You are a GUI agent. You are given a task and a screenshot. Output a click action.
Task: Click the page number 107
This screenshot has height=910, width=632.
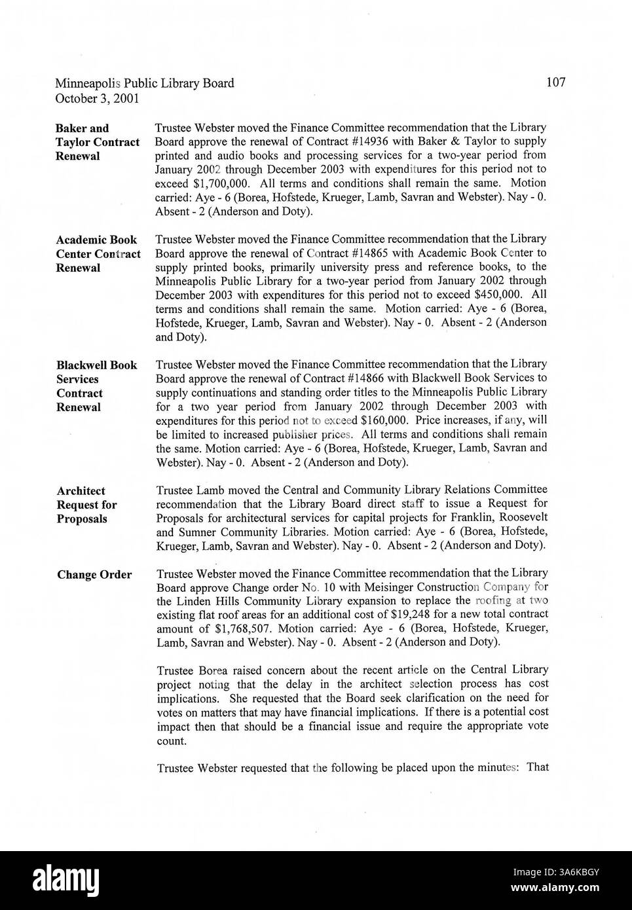555,82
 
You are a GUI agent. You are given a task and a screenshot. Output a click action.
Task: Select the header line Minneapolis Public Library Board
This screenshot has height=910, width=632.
144,84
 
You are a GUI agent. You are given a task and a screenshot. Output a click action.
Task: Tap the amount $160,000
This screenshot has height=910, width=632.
389,420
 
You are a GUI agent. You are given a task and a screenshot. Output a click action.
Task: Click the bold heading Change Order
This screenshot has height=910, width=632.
94,575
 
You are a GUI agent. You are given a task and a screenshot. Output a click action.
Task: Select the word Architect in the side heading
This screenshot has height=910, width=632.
81,491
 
